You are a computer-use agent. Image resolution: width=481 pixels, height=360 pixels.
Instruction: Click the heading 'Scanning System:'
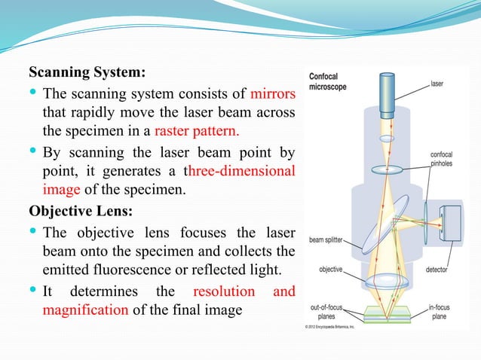pyautogui.click(x=87, y=74)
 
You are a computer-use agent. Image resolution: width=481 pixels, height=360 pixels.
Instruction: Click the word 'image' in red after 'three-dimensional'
pyautogui.click(x=60, y=188)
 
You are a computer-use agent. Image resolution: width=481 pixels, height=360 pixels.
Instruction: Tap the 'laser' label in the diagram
pyautogui.click(x=437, y=84)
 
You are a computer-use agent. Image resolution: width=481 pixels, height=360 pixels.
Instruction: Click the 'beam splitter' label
pyautogui.click(x=326, y=242)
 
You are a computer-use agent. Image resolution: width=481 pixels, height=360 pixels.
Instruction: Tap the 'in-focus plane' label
pyautogui.click(x=443, y=311)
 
